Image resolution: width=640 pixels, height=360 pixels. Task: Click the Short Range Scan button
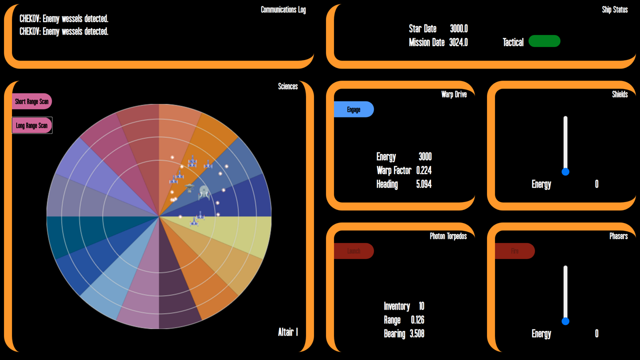click(31, 101)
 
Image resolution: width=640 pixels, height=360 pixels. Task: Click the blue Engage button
click(353, 109)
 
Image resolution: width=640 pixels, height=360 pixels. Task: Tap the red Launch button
click(353, 251)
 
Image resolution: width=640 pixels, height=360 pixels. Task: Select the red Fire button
click(514, 251)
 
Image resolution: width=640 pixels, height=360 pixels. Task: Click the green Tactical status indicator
click(544, 41)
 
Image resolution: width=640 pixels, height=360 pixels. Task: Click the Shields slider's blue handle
click(565, 171)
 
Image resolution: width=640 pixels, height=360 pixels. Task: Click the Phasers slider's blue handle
click(565, 321)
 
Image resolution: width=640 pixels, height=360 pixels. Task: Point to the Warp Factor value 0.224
click(423, 170)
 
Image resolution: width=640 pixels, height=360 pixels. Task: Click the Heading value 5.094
click(423, 184)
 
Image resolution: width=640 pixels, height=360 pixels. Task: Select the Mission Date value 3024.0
click(458, 42)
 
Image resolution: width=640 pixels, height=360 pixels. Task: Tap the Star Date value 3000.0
click(458, 29)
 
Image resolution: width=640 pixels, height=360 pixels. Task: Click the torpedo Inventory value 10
click(421, 306)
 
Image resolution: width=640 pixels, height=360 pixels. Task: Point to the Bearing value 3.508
click(417, 333)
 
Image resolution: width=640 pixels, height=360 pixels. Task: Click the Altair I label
click(288, 332)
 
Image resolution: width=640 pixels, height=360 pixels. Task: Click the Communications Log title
click(283, 10)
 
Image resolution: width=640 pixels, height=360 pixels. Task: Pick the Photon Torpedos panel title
click(448, 236)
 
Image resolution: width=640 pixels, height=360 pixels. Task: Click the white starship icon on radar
click(203, 192)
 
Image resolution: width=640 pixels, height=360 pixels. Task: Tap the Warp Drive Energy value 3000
click(424, 157)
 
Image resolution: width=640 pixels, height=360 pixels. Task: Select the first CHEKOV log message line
click(64, 19)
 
